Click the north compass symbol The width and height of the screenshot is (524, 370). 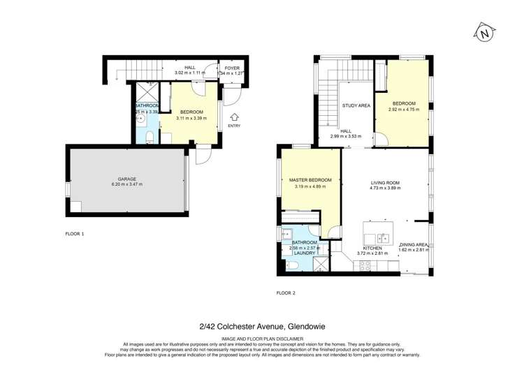[x=483, y=32]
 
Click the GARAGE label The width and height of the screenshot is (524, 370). [x=126, y=179]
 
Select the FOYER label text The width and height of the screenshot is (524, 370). [x=232, y=68]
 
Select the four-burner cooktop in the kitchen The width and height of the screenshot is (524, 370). [x=363, y=266]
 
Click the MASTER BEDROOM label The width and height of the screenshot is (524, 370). [x=310, y=180]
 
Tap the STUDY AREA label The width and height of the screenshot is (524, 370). [x=356, y=106]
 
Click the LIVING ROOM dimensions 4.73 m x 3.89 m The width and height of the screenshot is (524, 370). [x=385, y=188]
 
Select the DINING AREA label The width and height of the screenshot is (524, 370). [x=413, y=244]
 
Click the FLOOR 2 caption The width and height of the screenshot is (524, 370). [x=286, y=293]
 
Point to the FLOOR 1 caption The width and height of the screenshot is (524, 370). [x=74, y=233]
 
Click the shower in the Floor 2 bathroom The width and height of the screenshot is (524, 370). [x=321, y=263]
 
